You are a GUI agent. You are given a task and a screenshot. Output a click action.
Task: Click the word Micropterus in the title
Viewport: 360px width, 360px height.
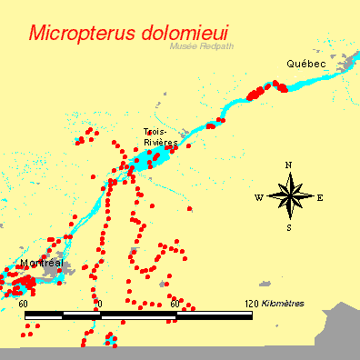(83, 34)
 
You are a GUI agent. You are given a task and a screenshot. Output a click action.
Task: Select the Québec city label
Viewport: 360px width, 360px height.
(305, 64)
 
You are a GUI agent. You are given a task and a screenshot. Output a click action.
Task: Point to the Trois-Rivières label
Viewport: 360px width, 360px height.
(160, 136)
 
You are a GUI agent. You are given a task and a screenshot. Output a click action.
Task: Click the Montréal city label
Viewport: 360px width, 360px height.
(40, 263)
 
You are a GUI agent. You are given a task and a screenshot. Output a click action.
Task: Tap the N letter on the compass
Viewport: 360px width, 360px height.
(288, 165)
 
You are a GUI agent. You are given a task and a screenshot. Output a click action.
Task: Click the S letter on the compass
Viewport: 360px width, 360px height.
(289, 227)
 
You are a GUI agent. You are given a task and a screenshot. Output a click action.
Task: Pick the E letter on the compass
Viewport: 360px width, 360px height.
(320, 196)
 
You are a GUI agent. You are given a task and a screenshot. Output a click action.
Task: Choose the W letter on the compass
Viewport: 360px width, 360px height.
(258, 197)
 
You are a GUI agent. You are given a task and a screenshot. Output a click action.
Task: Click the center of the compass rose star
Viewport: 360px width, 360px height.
(289, 195)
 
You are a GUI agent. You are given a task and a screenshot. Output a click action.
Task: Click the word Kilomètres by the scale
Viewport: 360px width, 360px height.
(283, 303)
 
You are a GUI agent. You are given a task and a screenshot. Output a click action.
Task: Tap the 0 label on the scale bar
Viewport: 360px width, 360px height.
(100, 303)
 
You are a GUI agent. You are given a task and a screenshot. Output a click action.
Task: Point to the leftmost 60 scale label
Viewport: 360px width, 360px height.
(24, 303)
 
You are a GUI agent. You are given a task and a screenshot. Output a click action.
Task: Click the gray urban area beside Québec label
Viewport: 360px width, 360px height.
(344, 64)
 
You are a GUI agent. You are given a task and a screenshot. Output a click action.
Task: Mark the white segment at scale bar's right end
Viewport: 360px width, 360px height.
(215, 315)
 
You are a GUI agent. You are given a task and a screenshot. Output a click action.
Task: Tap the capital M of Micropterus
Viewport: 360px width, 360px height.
(39, 34)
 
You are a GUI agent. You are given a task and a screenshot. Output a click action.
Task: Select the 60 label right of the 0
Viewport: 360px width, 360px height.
(175, 303)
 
